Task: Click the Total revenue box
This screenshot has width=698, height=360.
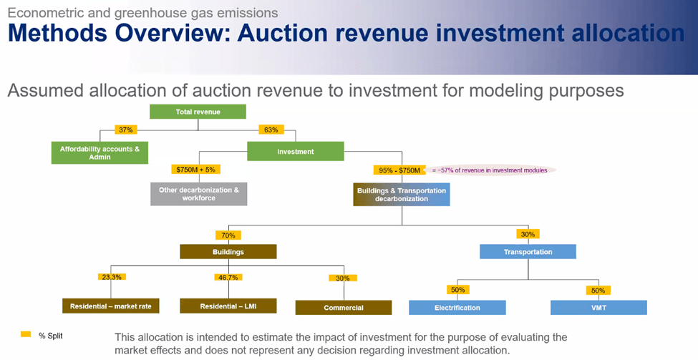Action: pos(198,112)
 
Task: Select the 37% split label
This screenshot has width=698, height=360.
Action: pos(126,130)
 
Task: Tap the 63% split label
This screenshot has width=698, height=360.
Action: pos(271,130)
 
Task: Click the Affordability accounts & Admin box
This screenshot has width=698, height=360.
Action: pos(100,152)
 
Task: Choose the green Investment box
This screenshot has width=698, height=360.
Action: pos(296,151)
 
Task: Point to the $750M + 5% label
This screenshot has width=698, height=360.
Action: pos(195,170)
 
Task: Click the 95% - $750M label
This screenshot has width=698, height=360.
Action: pos(399,170)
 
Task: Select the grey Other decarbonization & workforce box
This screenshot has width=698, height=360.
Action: pos(198,194)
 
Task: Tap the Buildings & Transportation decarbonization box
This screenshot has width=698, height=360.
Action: pos(402,195)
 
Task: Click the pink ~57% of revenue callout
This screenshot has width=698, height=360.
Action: pos(490,170)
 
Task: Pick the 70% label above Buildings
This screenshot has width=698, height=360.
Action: pos(228,235)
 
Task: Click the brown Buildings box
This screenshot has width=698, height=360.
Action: pos(228,252)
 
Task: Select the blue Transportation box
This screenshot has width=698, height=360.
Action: pos(528,252)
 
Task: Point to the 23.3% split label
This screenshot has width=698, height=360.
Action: pos(112,277)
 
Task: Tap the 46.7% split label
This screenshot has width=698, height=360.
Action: pos(228,277)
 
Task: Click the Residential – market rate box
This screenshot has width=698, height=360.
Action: pos(111,306)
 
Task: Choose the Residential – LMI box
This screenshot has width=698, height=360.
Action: pos(228,306)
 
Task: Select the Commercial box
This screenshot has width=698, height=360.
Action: pos(344,308)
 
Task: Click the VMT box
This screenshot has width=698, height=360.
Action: pos(598,308)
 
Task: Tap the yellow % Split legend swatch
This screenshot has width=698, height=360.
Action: pos(26,334)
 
